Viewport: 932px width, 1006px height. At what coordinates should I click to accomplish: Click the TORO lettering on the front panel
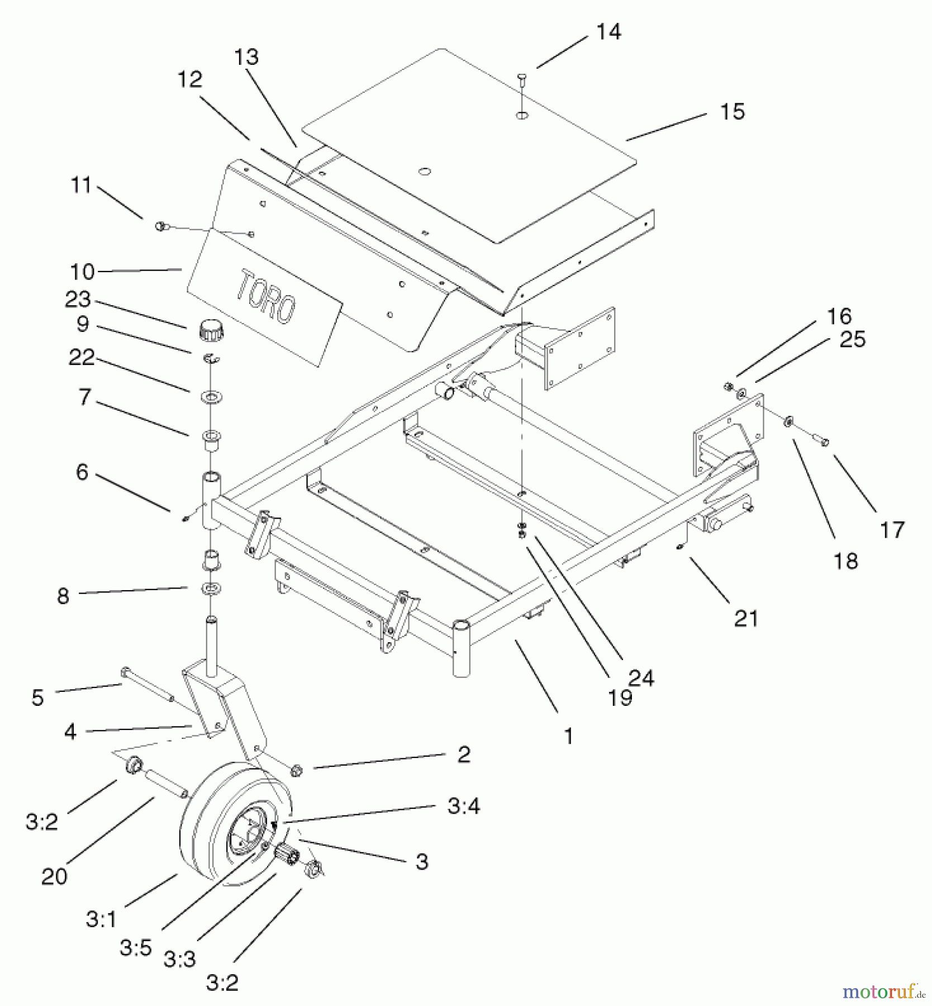point(266,297)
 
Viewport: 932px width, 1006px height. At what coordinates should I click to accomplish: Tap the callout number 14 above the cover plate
point(608,32)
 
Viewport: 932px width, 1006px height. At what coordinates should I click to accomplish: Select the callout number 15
point(732,111)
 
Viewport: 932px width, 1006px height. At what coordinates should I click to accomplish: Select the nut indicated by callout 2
point(296,770)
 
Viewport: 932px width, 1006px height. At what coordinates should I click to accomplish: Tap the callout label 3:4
point(463,806)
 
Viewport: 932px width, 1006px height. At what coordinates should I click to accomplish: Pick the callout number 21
point(746,619)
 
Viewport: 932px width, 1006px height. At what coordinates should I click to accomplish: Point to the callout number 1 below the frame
point(568,736)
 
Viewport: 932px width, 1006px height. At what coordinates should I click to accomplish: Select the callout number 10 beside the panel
point(82,272)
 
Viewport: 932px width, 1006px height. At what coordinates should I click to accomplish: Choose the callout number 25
point(852,339)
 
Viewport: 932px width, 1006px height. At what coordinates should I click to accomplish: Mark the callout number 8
point(63,596)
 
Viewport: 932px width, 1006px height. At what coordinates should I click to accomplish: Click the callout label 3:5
point(135,947)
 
